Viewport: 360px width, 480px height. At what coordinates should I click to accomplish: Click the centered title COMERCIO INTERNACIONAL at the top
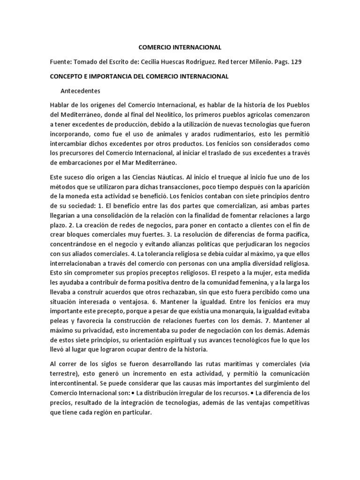(x=180, y=47)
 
